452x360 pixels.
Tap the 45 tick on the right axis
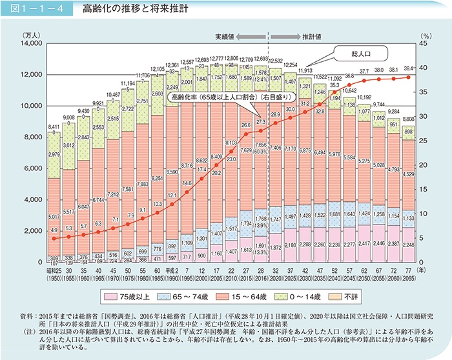[x=425, y=43]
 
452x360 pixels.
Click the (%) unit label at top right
[x=426, y=34]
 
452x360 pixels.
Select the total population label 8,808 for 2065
[x=407, y=119]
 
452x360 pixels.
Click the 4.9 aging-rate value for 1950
[x=54, y=230]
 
